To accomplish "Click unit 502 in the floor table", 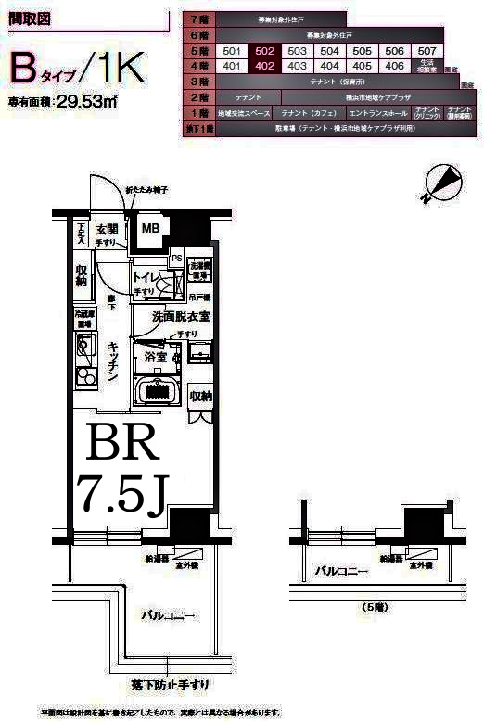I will click(x=264, y=51).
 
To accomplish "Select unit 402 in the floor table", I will click(x=264, y=66).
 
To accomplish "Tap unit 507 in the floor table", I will click(x=427, y=51).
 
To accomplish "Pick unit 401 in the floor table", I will click(x=232, y=66).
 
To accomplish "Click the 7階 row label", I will click(x=197, y=19).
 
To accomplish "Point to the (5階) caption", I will click(x=371, y=606).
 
